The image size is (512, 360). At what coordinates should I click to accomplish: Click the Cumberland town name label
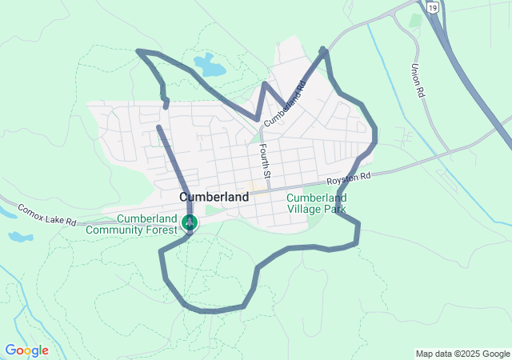(214, 196)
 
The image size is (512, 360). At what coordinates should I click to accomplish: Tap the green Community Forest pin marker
(190, 222)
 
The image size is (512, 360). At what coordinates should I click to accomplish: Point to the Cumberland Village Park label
(317, 203)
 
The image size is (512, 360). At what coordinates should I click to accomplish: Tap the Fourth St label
(266, 161)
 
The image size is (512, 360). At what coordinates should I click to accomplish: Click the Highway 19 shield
(432, 6)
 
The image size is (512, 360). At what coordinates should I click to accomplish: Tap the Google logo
(26, 350)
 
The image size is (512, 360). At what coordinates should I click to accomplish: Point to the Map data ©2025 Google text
(462, 354)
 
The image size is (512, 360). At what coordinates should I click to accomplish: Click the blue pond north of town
(210, 66)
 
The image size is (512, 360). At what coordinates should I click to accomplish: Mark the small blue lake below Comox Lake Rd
(19, 237)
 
